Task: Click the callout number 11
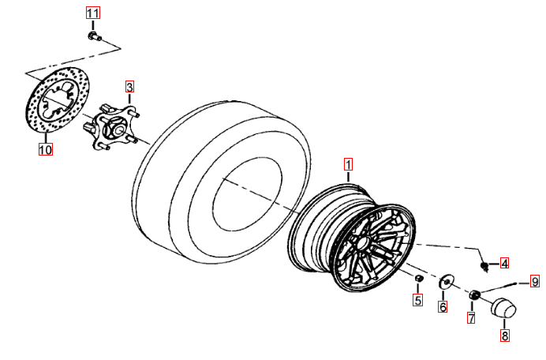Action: [93, 14]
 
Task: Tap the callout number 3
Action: [129, 86]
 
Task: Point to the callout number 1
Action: [348, 165]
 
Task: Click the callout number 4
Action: [504, 263]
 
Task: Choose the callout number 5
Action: [418, 300]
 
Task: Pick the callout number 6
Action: [443, 306]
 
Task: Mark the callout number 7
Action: [471, 318]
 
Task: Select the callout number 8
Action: [505, 335]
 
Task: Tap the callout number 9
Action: [534, 281]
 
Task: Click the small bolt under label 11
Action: [93, 36]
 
